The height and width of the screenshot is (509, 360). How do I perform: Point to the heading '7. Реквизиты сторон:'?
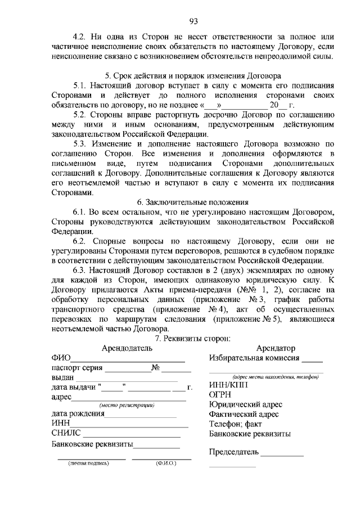pos(193,338)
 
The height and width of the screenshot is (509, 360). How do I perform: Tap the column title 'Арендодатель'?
pos(127,348)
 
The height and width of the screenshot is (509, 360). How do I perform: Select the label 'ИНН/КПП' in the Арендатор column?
pos(227,386)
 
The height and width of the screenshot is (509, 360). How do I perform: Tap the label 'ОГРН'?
pos(220,395)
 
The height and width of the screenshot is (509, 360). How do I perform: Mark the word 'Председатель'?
pos(233,452)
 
